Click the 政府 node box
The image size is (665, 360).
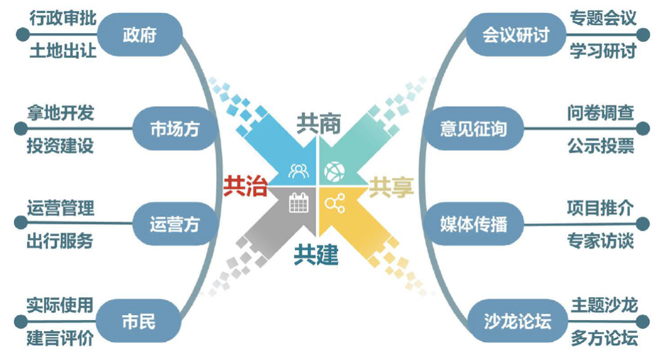tap(140, 34)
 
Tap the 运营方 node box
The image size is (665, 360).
tap(174, 224)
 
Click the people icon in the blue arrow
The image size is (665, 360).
tap(299, 170)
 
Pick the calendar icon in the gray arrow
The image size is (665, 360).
tap(299, 203)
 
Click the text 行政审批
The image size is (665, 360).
tap(63, 18)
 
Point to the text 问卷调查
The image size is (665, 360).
tap(601, 113)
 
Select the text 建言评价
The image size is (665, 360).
tap(60, 338)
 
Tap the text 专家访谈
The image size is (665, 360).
tap(600, 241)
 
